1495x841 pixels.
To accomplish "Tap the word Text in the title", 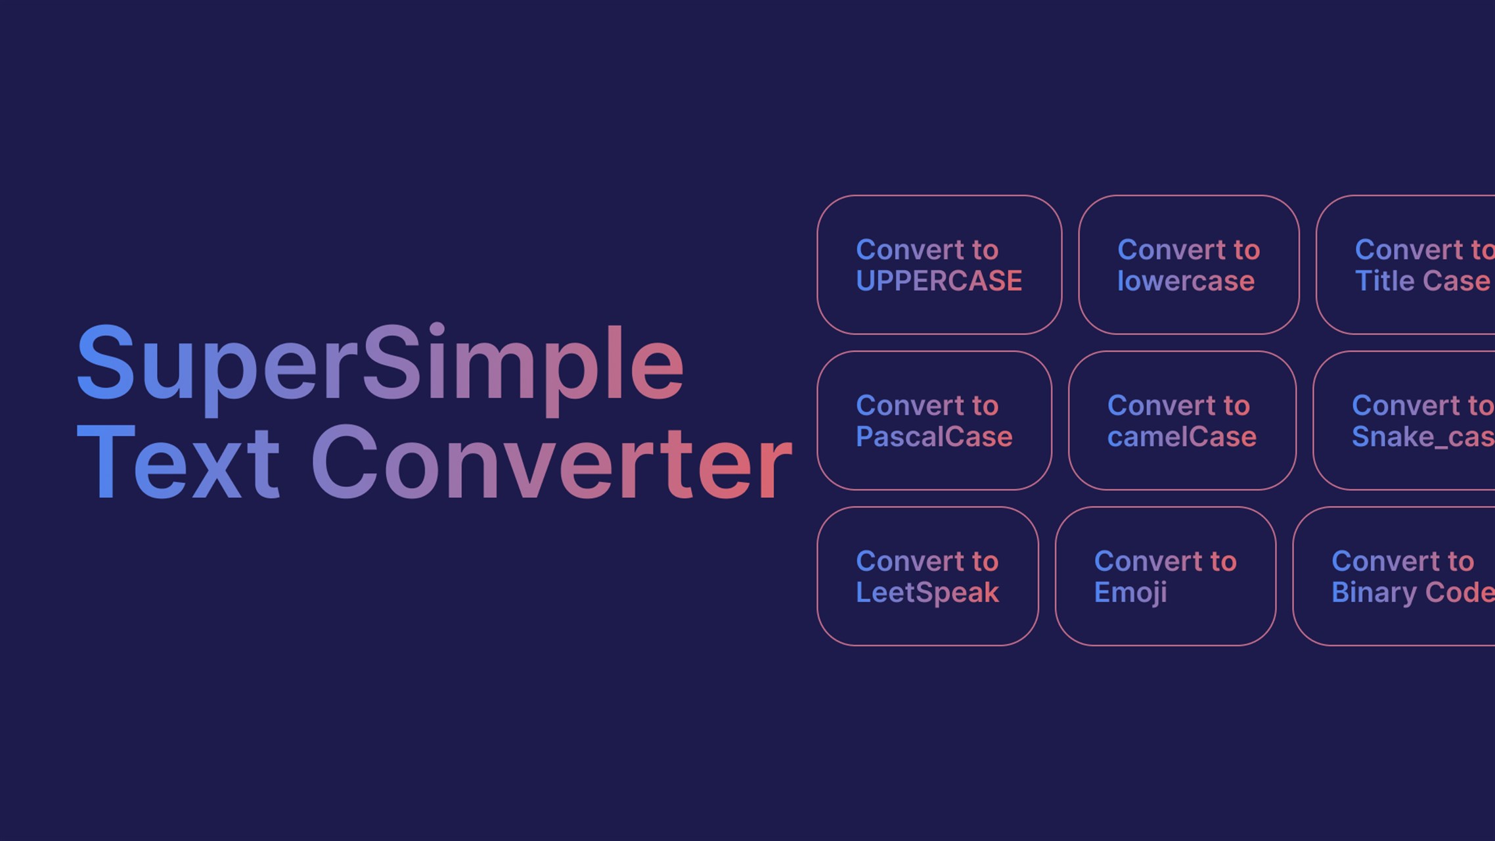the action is click(x=178, y=462).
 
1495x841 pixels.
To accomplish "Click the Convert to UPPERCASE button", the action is click(x=939, y=265).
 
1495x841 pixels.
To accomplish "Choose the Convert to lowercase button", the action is click(x=1189, y=265).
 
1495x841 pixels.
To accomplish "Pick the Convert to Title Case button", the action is click(x=1406, y=265).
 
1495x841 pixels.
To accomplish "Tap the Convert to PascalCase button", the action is click(x=934, y=420).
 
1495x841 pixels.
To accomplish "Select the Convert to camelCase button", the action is click(x=1182, y=420).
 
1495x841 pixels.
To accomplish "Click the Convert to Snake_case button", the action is click(x=1404, y=420).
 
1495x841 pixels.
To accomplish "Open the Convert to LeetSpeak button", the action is click(x=927, y=576).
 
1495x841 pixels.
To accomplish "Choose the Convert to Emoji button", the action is click(x=1165, y=576).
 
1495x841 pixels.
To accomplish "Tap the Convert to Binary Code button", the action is click(x=1394, y=576).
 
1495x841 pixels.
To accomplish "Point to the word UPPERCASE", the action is click(x=939, y=281).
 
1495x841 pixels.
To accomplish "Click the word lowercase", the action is click(x=1186, y=281).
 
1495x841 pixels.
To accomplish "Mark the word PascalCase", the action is click(x=934, y=437).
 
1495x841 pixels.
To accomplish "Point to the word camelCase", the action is click(x=1182, y=437).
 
